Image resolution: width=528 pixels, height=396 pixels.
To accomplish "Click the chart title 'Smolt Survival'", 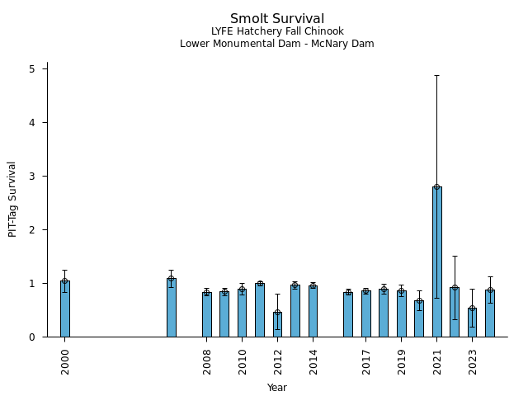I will (x=277, y=19).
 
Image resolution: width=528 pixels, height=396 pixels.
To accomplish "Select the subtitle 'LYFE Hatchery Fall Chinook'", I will (x=277, y=31).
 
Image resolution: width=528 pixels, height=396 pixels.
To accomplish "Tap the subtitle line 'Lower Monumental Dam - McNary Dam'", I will (x=277, y=44).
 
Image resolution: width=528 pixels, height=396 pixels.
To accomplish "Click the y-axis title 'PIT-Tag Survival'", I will (x=12, y=199).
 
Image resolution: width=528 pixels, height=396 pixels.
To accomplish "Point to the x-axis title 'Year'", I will (x=277, y=388).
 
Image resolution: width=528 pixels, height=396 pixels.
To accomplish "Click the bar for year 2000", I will (x=64, y=310).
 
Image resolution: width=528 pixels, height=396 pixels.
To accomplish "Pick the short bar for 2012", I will (x=277, y=325).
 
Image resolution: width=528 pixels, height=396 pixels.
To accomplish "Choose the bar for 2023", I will (x=472, y=323).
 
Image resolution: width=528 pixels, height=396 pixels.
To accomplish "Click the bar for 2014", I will (x=313, y=312).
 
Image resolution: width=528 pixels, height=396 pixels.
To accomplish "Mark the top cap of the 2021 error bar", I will (x=436, y=75).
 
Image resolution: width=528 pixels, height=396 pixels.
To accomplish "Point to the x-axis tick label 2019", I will (x=402, y=360).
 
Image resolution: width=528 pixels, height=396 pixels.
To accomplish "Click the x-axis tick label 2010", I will (x=242, y=360).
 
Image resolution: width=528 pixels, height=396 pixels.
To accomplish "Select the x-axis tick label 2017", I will (x=366, y=360).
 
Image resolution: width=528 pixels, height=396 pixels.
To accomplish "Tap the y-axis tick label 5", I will (x=32, y=69).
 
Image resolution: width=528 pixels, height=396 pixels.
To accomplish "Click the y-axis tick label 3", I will (x=32, y=177).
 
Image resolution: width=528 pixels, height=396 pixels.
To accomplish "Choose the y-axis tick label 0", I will (x=32, y=337).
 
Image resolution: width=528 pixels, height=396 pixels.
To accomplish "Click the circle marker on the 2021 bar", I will (x=436, y=186).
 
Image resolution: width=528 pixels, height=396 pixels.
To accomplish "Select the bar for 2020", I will (x=419, y=319).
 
